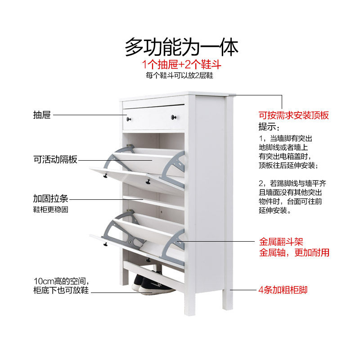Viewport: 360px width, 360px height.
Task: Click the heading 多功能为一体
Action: (x=181, y=47)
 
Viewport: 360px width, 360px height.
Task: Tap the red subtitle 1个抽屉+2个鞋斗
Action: (x=181, y=65)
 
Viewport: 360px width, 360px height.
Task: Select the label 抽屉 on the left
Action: (x=42, y=115)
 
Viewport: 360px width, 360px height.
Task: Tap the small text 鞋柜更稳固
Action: (x=50, y=210)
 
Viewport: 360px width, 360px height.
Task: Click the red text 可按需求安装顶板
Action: (x=293, y=115)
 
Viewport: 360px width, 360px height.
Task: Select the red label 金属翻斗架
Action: (x=281, y=242)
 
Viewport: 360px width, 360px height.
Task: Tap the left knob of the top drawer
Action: (x=129, y=119)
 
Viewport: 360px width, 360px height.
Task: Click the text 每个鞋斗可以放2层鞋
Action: (x=181, y=76)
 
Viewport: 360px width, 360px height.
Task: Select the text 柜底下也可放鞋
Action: (x=61, y=291)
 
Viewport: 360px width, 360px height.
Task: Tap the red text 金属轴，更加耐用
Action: (x=293, y=253)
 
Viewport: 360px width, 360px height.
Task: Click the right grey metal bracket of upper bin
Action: (x=175, y=169)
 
